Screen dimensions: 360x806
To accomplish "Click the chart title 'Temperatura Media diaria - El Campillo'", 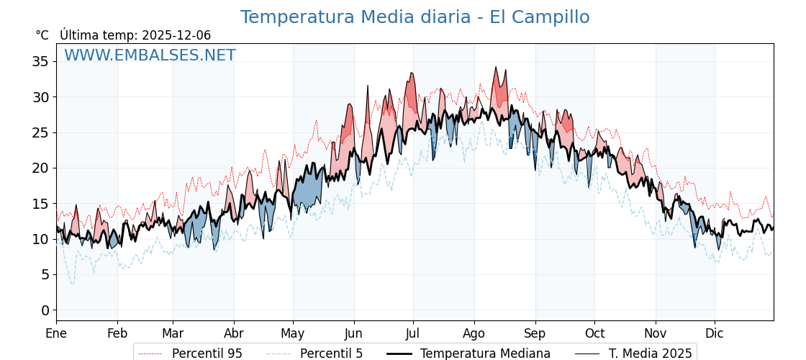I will (415, 17).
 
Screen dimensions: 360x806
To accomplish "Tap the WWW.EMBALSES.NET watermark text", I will (150, 55).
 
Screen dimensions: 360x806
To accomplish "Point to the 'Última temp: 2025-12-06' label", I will (135, 35).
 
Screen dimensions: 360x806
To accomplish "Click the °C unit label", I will (42, 35).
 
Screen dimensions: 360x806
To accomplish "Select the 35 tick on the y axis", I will (40, 61).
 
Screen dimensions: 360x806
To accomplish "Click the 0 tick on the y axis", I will (45, 310).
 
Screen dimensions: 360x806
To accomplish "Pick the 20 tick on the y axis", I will (40, 168).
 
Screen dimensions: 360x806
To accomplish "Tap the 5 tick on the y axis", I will (45, 274).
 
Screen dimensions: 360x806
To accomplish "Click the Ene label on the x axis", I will (56, 334).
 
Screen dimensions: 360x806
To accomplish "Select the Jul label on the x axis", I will (413, 334).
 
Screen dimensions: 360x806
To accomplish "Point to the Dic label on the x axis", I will (715, 334).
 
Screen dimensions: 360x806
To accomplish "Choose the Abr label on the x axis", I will (234, 334).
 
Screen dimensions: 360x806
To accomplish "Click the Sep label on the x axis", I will (535, 334).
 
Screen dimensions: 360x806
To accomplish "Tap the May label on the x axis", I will (293, 334).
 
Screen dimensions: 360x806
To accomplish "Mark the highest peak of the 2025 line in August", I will (495, 68).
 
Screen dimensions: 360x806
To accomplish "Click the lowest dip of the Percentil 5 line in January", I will (72, 284).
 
